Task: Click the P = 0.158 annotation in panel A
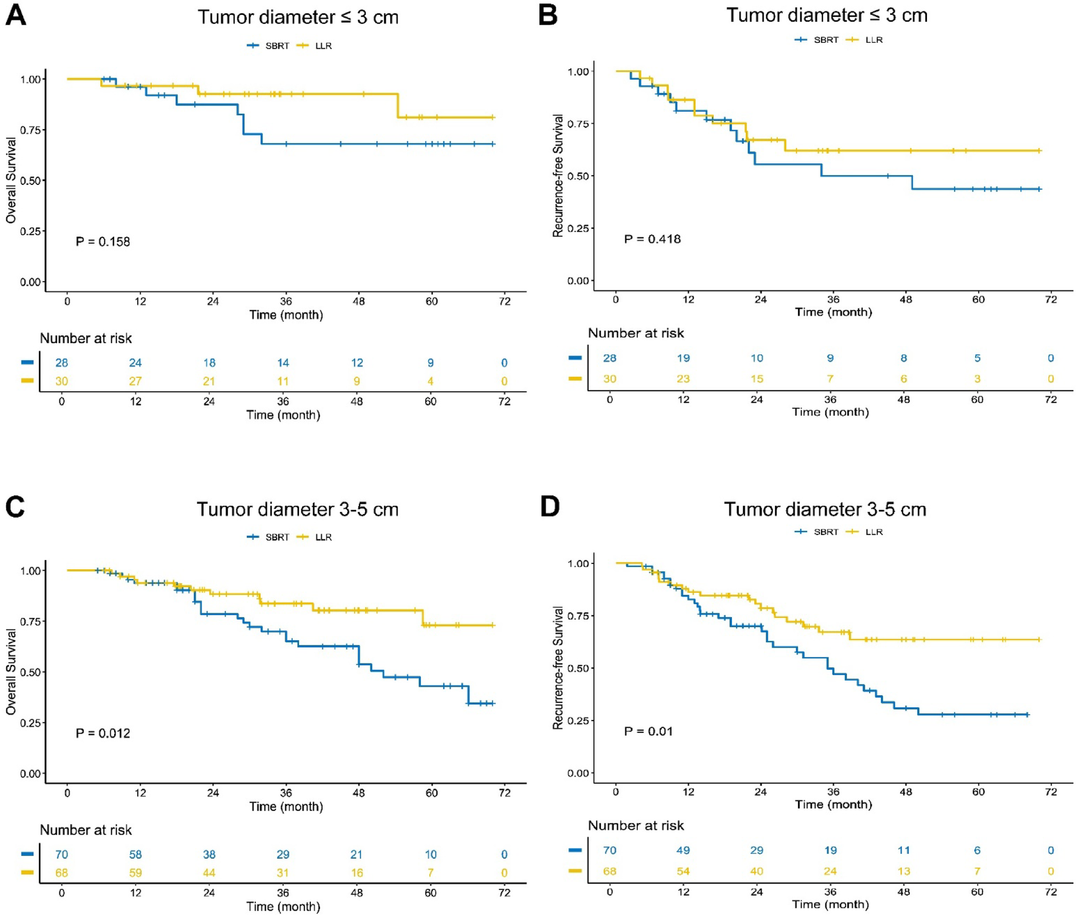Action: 102,242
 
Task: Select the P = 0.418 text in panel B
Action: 652,239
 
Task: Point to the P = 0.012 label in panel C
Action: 102,733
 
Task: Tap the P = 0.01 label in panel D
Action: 648,731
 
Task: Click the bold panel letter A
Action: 16,16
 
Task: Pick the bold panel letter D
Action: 550,507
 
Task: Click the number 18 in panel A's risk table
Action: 209,363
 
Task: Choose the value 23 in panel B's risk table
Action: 683,379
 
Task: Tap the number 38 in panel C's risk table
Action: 209,854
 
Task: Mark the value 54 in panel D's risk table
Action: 683,871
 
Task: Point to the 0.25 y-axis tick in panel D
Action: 578,720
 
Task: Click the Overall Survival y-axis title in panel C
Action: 11,672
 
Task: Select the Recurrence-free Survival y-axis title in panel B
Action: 558,176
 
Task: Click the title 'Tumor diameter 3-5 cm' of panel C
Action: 297,509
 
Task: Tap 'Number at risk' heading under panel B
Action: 636,333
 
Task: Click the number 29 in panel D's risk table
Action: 756,850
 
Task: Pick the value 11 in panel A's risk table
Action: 283,382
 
